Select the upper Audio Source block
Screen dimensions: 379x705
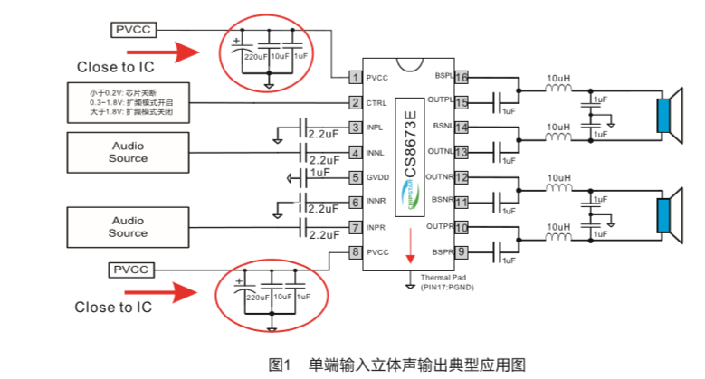click(x=129, y=151)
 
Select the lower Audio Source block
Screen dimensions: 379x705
click(x=129, y=226)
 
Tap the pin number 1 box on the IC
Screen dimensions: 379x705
click(x=356, y=78)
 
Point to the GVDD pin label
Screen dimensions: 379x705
click(x=379, y=177)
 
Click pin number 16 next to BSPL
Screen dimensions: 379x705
click(x=462, y=78)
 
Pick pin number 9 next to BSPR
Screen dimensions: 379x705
click(x=462, y=251)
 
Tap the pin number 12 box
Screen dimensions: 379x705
click(x=462, y=177)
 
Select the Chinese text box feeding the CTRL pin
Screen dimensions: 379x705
click(x=129, y=102)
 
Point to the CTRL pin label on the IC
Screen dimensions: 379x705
click(x=378, y=103)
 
